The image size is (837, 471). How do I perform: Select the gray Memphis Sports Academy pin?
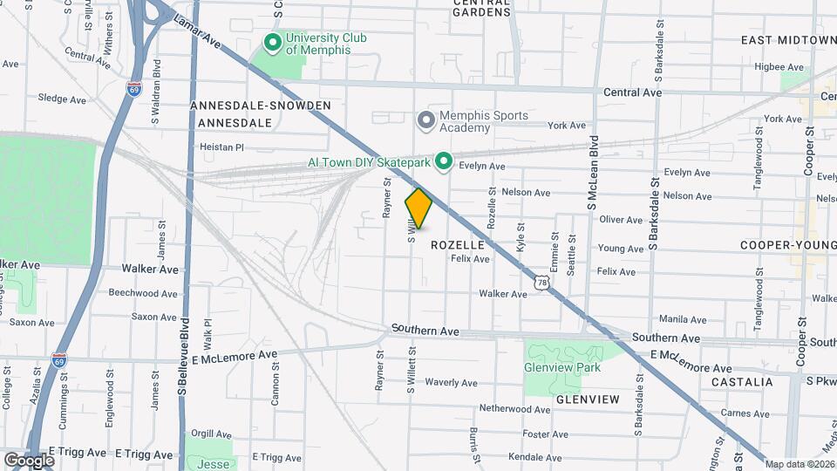(425, 120)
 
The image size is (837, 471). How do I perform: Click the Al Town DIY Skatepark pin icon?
(443, 161)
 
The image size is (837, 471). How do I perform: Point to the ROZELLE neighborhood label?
(458, 245)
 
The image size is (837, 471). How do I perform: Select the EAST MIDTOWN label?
(788, 40)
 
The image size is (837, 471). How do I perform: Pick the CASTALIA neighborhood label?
(742, 382)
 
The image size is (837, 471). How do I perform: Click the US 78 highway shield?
(542, 283)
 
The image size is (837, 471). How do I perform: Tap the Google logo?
(29, 460)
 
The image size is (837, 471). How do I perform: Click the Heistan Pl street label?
(222, 147)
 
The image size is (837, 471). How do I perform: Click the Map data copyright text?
(800, 464)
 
